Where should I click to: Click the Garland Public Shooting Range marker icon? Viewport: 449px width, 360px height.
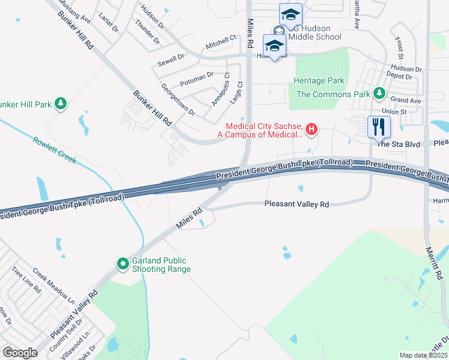[x=123, y=263]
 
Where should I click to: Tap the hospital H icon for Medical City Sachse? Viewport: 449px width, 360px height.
[x=312, y=128]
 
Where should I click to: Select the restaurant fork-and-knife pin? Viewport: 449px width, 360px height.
[x=379, y=127]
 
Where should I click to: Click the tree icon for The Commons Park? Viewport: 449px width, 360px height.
[x=379, y=94]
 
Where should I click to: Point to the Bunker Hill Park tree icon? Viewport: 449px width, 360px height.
[x=60, y=104]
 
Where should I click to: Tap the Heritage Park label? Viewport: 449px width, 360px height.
[x=318, y=80]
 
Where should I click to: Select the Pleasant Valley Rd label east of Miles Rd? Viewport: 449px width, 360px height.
[x=297, y=205]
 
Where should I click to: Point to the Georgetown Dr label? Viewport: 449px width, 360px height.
[x=178, y=100]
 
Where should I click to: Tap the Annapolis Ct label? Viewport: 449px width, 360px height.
[x=220, y=88]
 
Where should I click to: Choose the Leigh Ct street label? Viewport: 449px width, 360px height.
[x=236, y=93]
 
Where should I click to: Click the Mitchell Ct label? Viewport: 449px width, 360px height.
[x=221, y=41]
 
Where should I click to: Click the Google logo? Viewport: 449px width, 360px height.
[x=20, y=352]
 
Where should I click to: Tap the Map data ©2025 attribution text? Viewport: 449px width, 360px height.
[x=423, y=355]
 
